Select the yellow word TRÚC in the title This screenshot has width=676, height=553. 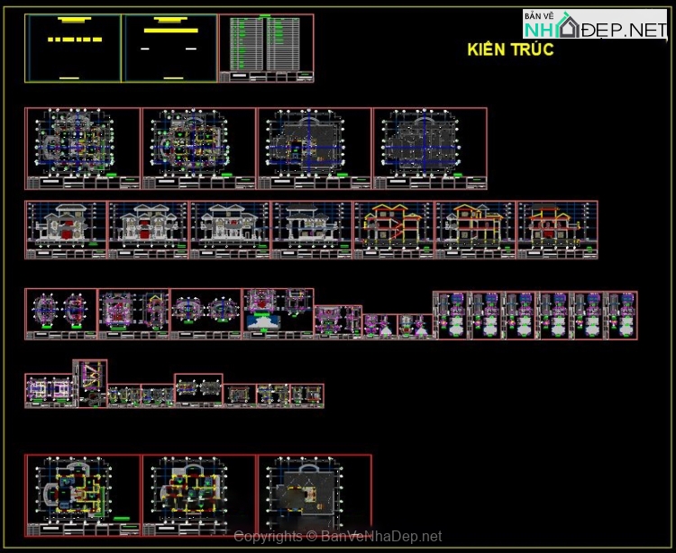531,50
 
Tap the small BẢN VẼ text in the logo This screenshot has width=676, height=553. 538,16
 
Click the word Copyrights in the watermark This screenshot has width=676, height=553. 268,537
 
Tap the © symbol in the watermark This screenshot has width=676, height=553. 311,537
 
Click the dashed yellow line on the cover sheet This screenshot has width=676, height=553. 74,40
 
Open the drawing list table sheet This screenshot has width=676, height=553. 267,48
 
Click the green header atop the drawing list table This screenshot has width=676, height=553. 265,16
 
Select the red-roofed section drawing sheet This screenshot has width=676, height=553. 557,229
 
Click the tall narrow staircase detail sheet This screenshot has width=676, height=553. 91,382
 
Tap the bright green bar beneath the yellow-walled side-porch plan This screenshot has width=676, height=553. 122,520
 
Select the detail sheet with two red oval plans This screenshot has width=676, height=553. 59,313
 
